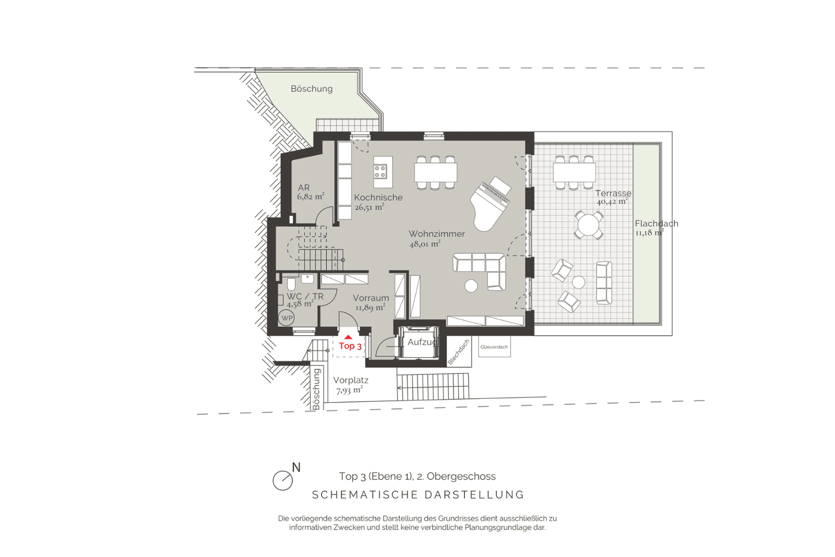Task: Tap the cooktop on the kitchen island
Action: (x=380, y=172)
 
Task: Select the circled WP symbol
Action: (x=287, y=318)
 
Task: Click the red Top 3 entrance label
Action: (x=350, y=346)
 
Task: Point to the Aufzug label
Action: (x=422, y=342)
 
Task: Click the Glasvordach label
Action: (x=494, y=347)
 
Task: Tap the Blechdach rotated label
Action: (x=459, y=352)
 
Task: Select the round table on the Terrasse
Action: (x=589, y=225)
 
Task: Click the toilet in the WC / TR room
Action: (x=291, y=284)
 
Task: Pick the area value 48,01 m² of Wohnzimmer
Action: (x=425, y=244)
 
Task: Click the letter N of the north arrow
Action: (x=296, y=468)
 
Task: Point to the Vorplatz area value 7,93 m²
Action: (x=349, y=390)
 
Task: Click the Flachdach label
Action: (x=657, y=224)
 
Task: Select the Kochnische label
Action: (x=378, y=198)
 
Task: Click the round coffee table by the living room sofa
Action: (x=471, y=286)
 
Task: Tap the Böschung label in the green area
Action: (x=312, y=89)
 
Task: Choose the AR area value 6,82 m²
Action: (x=311, y=196)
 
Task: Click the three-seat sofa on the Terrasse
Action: (x=604, y=283)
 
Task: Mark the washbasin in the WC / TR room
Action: (x=307, y=278)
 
